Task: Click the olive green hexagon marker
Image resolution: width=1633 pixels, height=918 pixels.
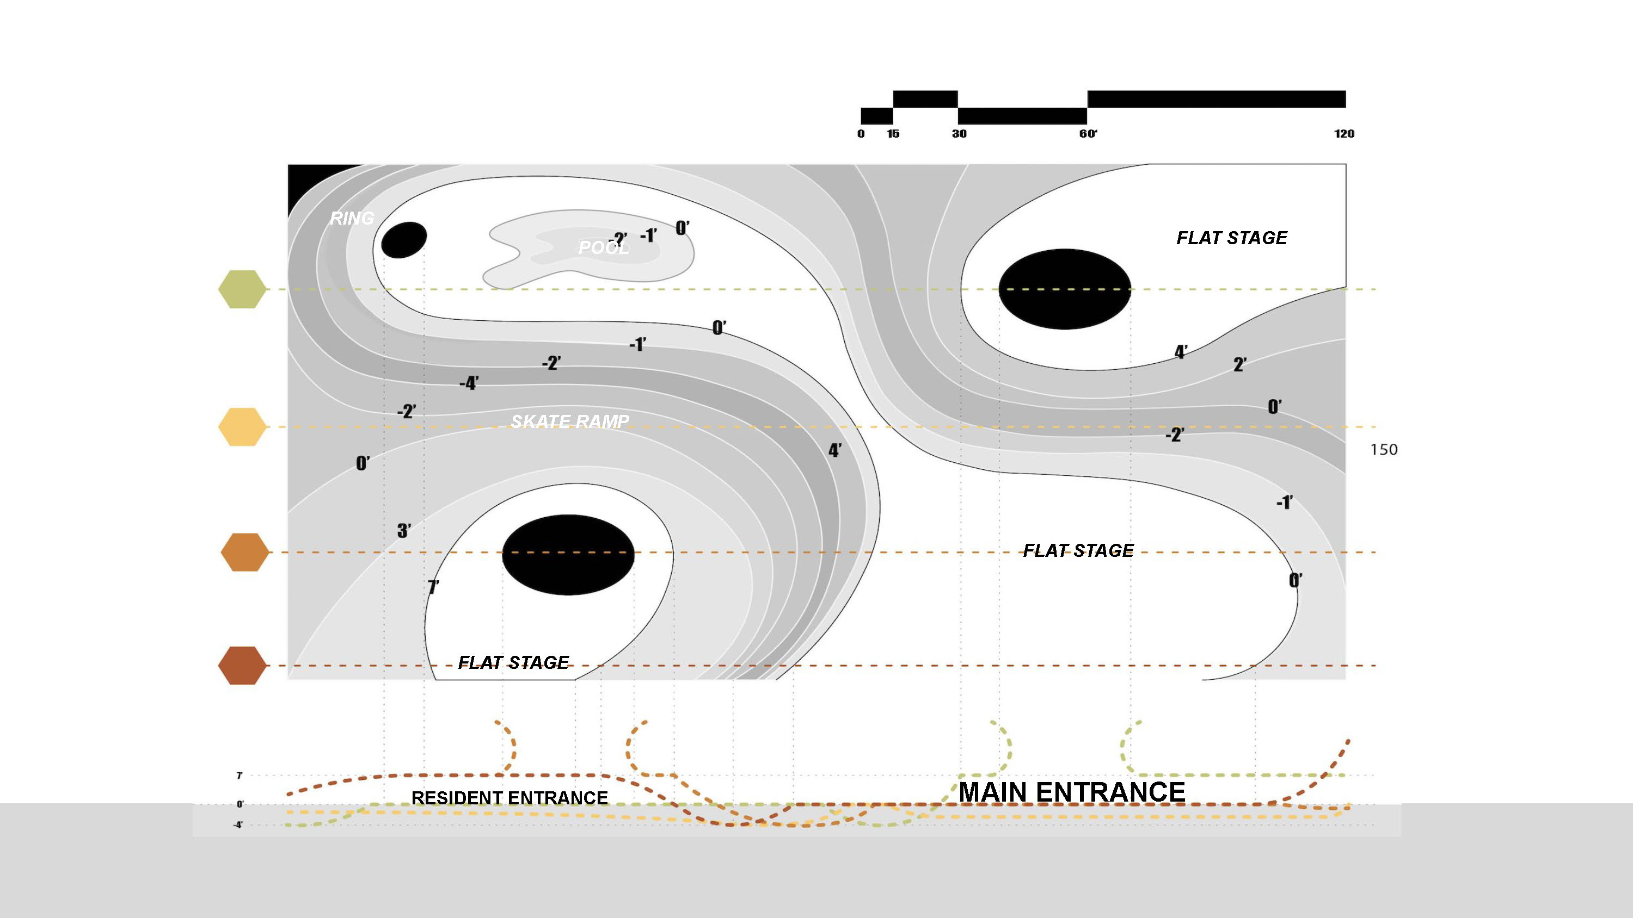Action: coord(242,289)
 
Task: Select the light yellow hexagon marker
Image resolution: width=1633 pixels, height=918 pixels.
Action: coord(242,427)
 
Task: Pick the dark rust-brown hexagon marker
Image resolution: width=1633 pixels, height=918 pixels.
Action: coord(242,666)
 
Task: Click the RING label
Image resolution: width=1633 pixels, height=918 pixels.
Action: coord(352,218)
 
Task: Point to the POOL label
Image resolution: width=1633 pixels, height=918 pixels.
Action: coord(604,247)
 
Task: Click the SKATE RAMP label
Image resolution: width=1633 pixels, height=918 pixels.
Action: coord(570,421)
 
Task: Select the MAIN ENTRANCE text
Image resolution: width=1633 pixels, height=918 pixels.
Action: coord(1071,792)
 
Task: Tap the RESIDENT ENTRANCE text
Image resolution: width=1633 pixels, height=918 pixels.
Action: coord(509,798)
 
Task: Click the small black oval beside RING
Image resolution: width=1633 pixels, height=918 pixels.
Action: coord(404,239)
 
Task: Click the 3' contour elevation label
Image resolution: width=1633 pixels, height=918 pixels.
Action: coord(404,531)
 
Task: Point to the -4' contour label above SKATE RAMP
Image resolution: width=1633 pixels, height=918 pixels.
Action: coord(469,383)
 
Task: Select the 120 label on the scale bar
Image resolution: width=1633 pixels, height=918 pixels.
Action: coord(1344,134)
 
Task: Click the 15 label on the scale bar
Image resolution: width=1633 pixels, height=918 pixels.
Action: coord(893,134)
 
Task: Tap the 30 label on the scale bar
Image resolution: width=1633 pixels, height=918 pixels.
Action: coord(959,134)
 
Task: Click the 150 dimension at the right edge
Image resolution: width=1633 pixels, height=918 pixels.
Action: coord(1384,450)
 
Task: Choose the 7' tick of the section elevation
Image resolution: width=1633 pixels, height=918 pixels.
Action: coord(239,776)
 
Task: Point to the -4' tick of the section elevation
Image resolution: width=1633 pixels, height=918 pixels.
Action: coord(238,826)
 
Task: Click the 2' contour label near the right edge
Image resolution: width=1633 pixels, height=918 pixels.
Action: coord(1240,365)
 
